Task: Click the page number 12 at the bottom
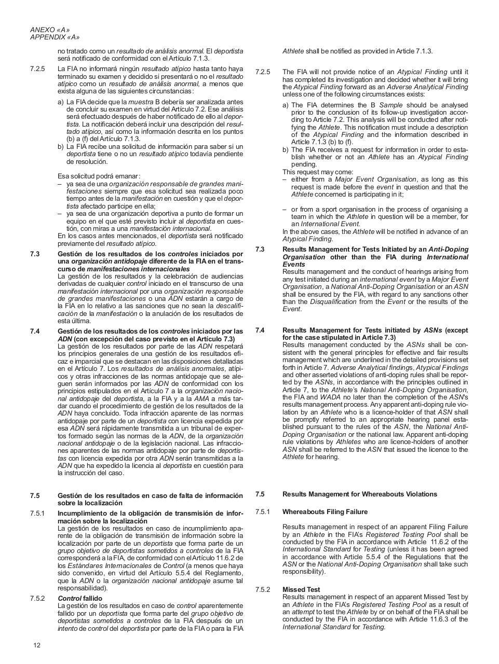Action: (x=37, y=645)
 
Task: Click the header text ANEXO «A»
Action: (x=50, y=30)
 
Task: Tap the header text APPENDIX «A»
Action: (x=55, y=37)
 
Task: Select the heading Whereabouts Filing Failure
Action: (x=325, y=511)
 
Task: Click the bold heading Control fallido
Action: (x=80, y=598)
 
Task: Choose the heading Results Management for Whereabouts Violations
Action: (x=359, y=494)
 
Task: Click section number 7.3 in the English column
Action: (x=260, y=250)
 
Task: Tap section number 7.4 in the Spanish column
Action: (x=35, y=331)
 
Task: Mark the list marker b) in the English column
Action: (x=286, y=149)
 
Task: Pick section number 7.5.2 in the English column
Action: (x=263, y=589)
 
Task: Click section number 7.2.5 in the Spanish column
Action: (x=37, y=68)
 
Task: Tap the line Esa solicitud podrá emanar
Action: (x=99, y=176)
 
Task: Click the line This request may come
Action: (x=318, y=172)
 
